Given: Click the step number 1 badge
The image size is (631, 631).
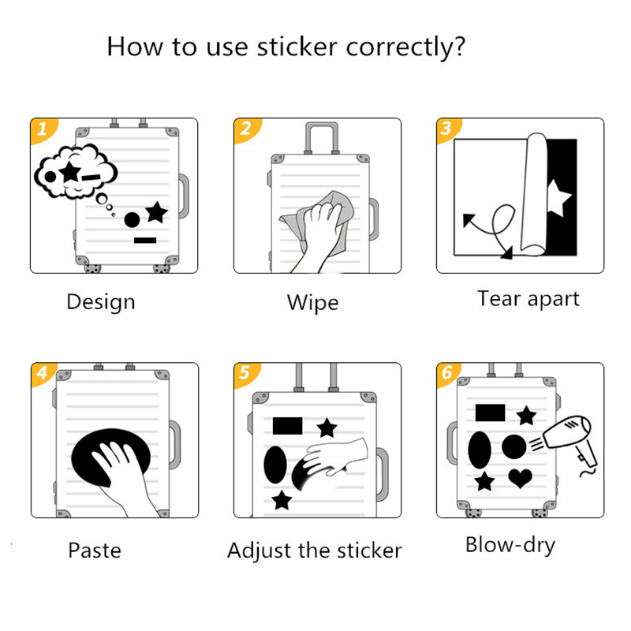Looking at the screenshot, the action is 43,129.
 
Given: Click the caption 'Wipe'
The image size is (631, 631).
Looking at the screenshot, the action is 312,303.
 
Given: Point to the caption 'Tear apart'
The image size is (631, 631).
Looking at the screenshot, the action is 528,299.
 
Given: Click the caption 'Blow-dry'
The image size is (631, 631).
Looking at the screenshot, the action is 510,545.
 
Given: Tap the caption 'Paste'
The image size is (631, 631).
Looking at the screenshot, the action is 95,550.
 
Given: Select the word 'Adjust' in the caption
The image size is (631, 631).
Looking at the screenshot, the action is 258,551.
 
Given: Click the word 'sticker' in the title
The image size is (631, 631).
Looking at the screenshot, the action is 297,47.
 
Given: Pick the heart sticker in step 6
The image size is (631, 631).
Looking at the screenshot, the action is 520,478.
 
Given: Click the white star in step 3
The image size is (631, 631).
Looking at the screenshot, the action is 558,198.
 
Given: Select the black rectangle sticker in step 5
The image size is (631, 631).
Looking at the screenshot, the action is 287,426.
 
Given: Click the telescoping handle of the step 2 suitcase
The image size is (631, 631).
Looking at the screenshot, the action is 322,137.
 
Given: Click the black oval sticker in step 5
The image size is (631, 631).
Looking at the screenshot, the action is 275,465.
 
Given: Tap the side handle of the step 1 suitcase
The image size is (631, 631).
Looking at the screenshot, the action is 184,196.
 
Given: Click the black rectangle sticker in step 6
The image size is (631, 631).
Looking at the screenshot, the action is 490,413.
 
